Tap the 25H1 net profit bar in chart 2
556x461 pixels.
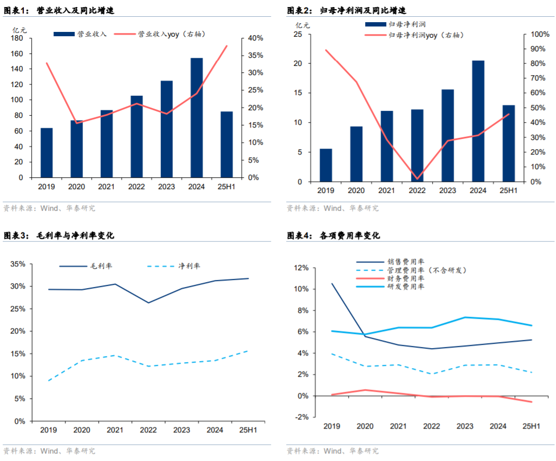point(508,143)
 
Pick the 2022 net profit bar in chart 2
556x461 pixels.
point(417,145)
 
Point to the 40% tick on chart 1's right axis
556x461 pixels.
point(256,38)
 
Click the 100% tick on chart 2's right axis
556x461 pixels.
point(539,35)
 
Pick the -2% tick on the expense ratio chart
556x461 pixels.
point(302,417)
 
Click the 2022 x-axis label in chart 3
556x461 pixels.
point(148,430)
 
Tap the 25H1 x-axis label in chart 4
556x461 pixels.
point(531,426)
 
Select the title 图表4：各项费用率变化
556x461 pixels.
point(334,236)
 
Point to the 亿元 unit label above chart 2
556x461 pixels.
point(303,25)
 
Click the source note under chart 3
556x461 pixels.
point(49,451)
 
